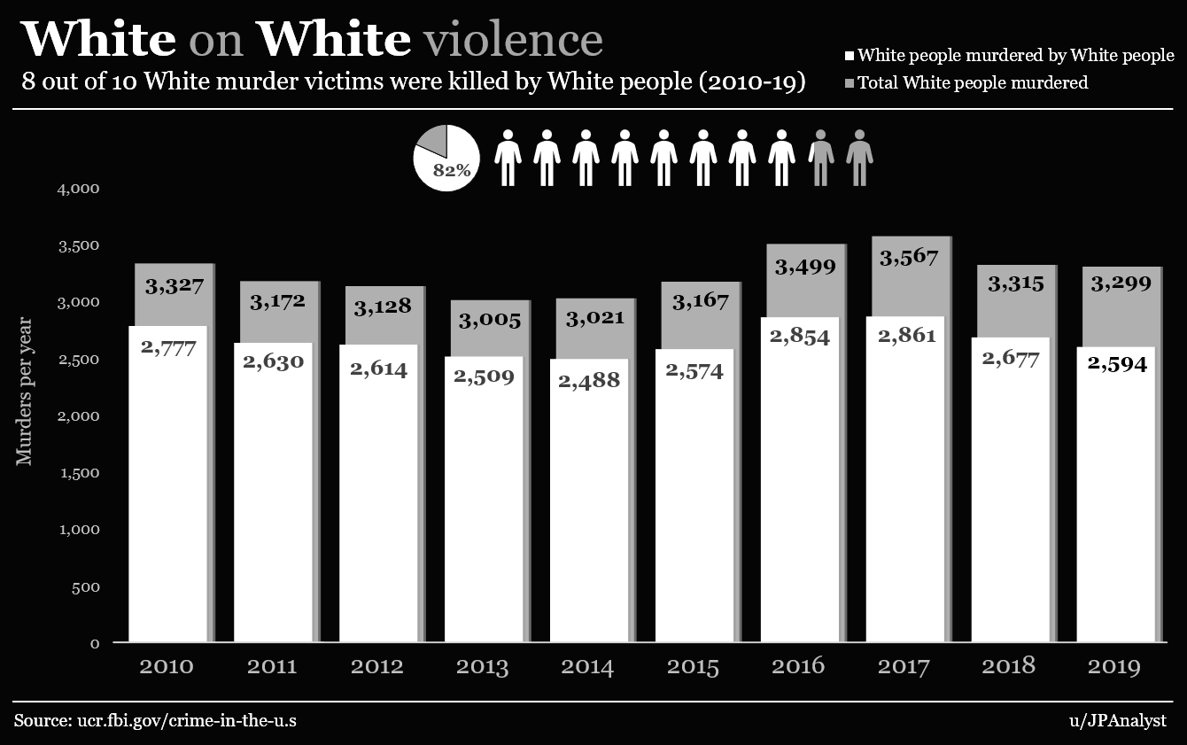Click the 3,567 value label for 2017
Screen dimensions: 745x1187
pyautogui.click(x=909, y=258)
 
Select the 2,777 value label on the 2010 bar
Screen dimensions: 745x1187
pyautogui.click(x=168, y=346)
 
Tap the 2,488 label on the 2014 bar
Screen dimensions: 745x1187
pyautogui.click(x=588, y=381)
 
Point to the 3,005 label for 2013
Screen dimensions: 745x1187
pyautogui.click(x=489, y=321)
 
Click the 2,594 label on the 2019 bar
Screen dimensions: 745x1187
pyautogui.click(x=1118, y=364)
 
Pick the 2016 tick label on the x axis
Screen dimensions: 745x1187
pyautogui.click(x=798, y=666)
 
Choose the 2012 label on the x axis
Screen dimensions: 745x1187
pyautogui.click(x=377, y=666)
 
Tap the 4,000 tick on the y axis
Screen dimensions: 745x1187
pyautogui.click(x=78, y=189)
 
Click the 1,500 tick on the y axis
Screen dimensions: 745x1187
pyautogui.click(x=78, y=473)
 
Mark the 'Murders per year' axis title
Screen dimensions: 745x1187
pyautogui.click(x=24, y=391)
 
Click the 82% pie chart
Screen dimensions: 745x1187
pyautogui.click(x=446, y=159)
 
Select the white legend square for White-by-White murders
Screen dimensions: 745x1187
pyautogui.click(x=849, y=57)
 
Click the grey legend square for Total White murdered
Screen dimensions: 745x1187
pyautogui.click(x=849, y=83)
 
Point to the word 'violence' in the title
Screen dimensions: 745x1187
pyautogui.click(x=513, y=39)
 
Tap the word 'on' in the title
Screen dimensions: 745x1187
pyautogui.click(x=216, y=39)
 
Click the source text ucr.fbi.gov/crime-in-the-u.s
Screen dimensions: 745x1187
pyautogui.click(x=155, y=720)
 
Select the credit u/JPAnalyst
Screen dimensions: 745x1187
pyautogui.click(x=1118, y=720)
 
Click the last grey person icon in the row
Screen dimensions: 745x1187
pyautogui.click(x=859, y=158)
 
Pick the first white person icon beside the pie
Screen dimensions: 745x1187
pyautogui.click(x=508, y=158)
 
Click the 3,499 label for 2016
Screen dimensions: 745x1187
pyautogui.click(x=805, y=266)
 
